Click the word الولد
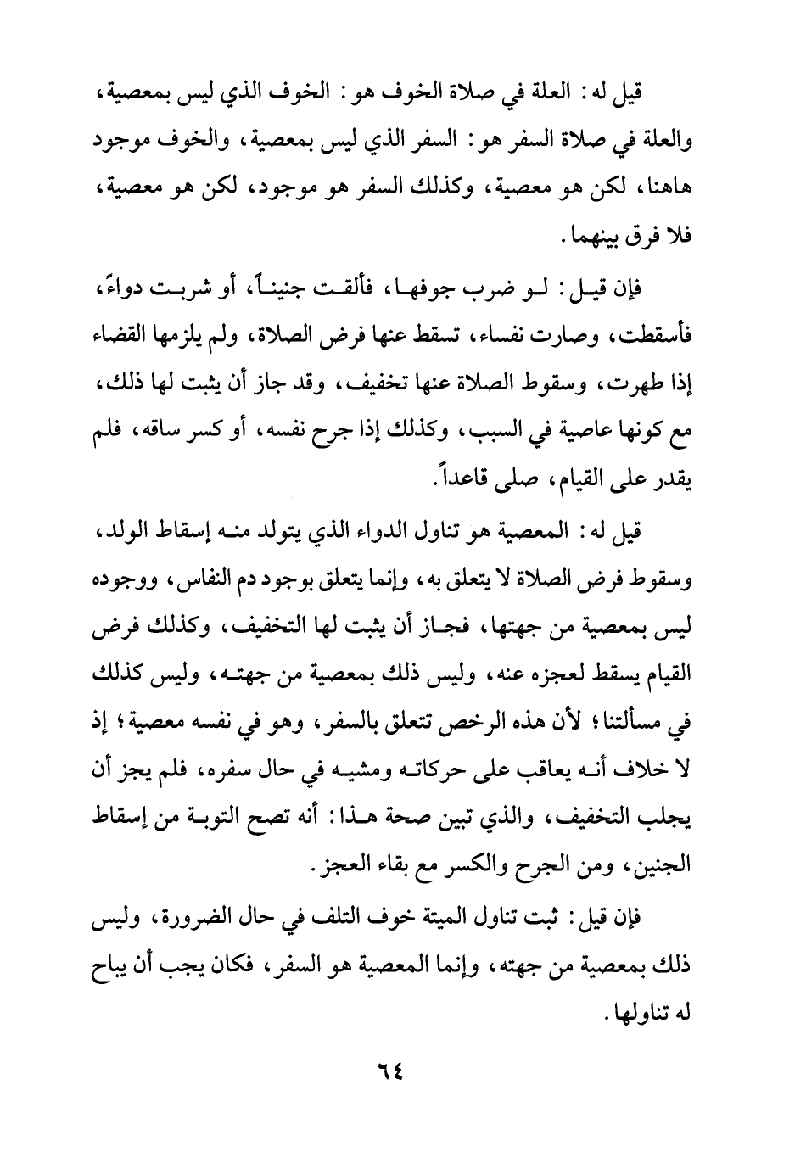pos(125,533)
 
